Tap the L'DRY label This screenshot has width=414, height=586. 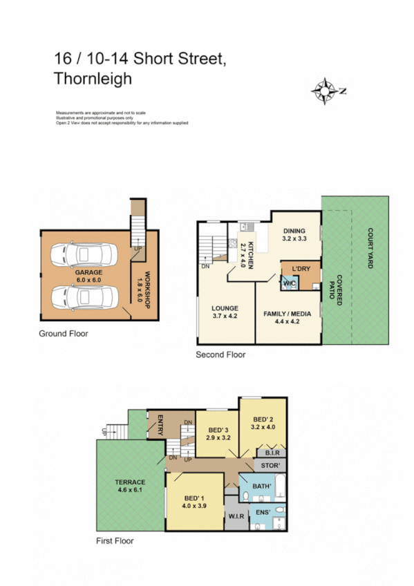pos(301,268)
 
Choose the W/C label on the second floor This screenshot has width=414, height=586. pos(289,283)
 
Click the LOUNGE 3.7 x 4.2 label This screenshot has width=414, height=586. pos(225,312)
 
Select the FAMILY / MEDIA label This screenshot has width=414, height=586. pos(287,316)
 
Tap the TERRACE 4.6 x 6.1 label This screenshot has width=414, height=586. pos(130,485)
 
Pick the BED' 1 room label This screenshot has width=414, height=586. pos(194,501)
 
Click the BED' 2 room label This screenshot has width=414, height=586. pos(263,423)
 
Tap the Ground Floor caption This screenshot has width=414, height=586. pos(64,333)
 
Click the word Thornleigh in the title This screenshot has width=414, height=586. pos(92,79)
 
